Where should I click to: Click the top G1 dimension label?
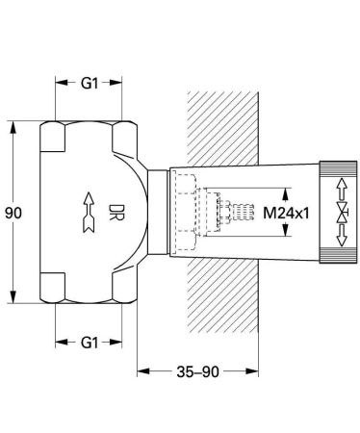[x=90, y=83]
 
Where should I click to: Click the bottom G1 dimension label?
[x=90, y=343]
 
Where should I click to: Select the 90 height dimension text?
[x=13, y=213]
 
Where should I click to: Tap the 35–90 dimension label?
[x=197, y=371]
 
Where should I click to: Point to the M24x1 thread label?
[x=286, y=213]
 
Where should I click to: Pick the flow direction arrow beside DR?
[x=89, y=212]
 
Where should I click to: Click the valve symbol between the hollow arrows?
[x=342, y=213]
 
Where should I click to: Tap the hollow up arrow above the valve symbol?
[x=342, y=189]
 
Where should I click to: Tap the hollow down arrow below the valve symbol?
[x=342, y=236]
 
